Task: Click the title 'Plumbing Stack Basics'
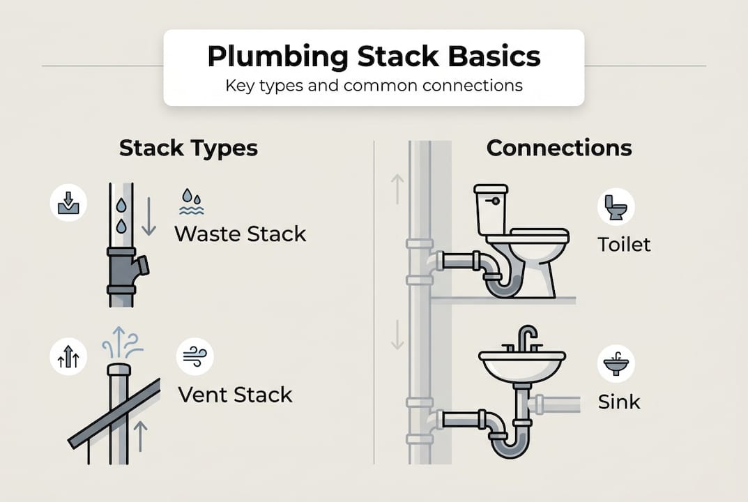[374, 56]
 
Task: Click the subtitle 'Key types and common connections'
[374, 86]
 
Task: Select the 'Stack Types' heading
[188, 148]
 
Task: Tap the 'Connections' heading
[559, 148]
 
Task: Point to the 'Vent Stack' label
[235, 395]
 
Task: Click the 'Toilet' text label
[624, 244]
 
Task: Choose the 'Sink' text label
[619, 402]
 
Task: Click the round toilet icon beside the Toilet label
[616, 207]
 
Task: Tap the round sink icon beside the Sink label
[616, 364]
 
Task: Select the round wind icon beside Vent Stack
[194, 356]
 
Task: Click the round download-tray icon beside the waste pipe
[68, 203]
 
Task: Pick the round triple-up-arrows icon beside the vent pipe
[68, 358]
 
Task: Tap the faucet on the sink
[527, 339]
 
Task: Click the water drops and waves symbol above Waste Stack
[191, 201]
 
